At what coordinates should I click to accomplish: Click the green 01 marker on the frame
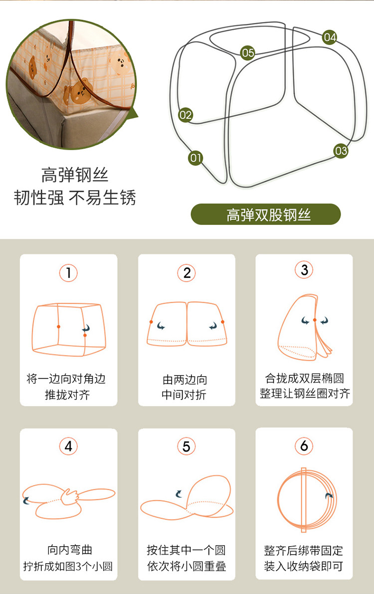click(195, 158)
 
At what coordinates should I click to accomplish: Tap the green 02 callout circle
click(186, 115)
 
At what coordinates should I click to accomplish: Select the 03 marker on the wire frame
click(341, 151)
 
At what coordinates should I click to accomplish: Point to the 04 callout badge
click(330, 37)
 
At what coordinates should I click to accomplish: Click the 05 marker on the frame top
click(248, 53)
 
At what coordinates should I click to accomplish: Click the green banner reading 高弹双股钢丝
click(266, 214)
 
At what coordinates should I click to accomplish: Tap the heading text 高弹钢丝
click(75, 175)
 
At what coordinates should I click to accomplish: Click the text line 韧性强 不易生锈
click(75, 198)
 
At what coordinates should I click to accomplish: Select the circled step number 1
click(69, 272)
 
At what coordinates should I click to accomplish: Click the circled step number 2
click(187, 273)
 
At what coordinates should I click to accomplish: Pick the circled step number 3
click(304, 270)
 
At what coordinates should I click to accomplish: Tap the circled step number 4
click(69, 446)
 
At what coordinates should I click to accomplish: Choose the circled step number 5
click(187, 446)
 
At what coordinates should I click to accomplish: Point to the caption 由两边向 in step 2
click(185, 379)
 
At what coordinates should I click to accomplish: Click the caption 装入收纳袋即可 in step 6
click(304, 566)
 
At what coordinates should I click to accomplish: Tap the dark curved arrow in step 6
click(329, 496)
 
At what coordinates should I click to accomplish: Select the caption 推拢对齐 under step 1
click(68, 395)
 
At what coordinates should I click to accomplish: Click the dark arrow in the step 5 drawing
click(179, 493)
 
